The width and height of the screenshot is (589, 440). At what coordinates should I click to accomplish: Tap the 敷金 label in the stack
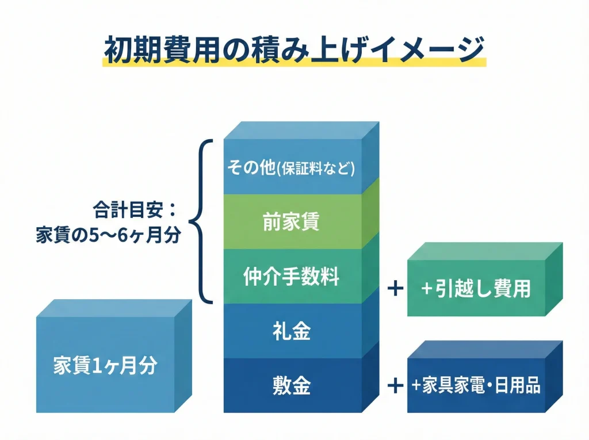[292, 385]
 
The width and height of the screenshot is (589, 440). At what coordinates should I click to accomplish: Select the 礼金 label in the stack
[292, 332]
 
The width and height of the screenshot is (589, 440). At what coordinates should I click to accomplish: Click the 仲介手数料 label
[292, 277]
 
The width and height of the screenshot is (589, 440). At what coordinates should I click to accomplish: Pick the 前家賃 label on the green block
[292, 223]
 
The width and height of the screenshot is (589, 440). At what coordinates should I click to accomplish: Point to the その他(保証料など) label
[292, 168]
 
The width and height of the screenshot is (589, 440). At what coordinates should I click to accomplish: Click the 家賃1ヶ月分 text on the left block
[105, 366]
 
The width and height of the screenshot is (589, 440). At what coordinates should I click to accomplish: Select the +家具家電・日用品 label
[475, 385]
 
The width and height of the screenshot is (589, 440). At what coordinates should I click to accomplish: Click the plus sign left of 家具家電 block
[395, 385]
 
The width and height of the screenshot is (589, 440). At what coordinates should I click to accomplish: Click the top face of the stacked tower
[302, 130]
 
